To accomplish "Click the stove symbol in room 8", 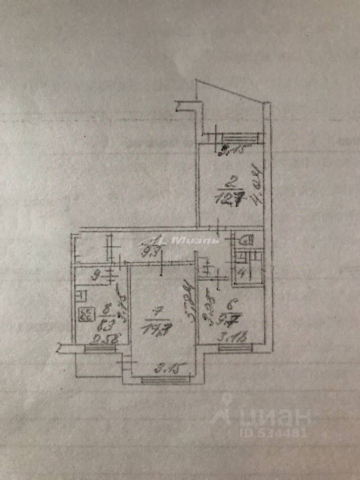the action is click(x=86, y=314).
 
